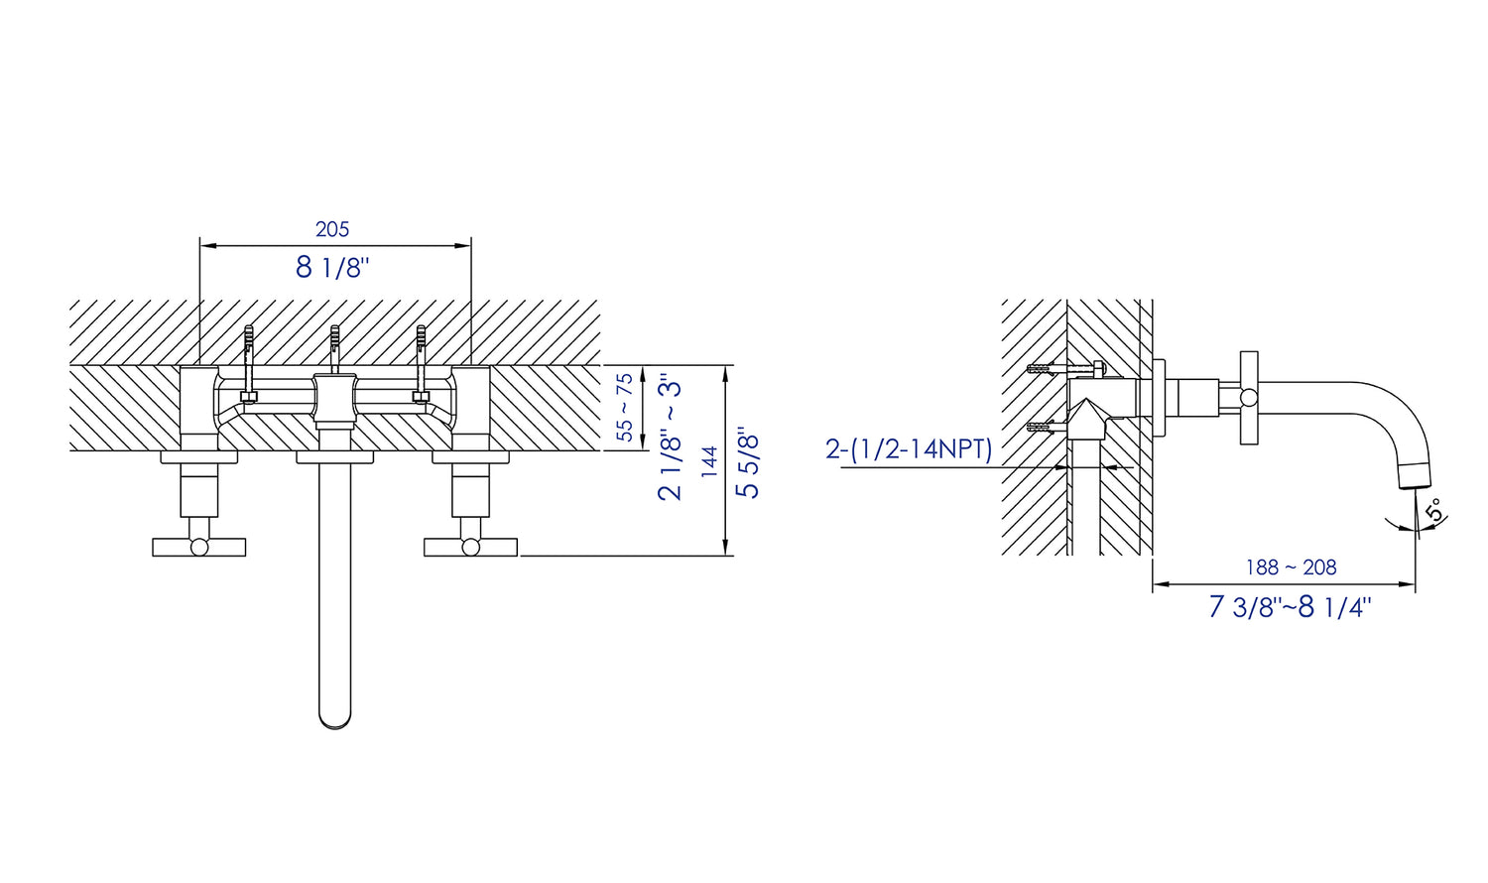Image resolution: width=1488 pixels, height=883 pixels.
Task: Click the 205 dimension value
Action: (x=332, y=229)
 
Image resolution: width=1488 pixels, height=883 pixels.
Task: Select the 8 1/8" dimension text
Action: (x=332, y=267)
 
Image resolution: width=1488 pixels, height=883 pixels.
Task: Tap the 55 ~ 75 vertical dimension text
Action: (x=625, y=408)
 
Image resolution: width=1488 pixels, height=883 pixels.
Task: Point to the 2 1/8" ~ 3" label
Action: (x=670, y=440)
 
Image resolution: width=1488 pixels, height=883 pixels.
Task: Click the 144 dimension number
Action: (x=709, y=461)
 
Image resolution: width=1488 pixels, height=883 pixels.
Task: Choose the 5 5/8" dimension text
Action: (x=747, y=462)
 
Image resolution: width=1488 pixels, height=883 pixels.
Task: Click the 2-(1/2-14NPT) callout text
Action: (x=909, y=449)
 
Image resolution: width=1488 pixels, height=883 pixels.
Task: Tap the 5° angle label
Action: (x=1433, y=510)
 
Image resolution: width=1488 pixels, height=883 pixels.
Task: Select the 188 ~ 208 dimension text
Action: (x=1291, y=568)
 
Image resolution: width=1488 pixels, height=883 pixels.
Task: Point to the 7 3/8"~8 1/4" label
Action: (x=1290, y=606)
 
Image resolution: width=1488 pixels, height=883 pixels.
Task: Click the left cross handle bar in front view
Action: (x=199, y=547)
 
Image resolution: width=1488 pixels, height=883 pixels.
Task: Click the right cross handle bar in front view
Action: (x=470, y=547)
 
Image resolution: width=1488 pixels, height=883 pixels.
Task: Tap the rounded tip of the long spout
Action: (x=335, y=721)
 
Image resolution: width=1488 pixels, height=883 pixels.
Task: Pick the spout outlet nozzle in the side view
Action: (x=1415, y=475)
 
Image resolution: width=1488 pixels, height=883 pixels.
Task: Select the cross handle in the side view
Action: (x=1249, y=398)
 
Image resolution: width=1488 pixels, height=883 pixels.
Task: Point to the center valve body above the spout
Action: (x=335, y=399)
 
